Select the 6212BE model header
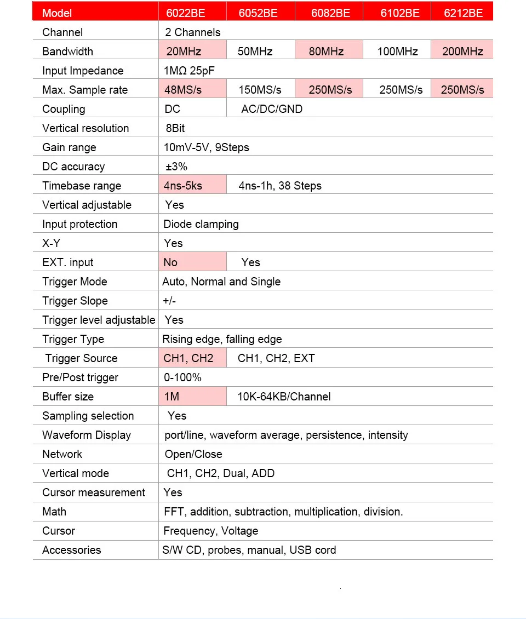click(x=464, y=13)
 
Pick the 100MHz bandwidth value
click(x=398, y=51)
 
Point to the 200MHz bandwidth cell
click(x=462, y=51)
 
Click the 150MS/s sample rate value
click(x=260, y=90)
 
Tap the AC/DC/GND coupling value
click(x=272, y=109)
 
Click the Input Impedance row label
click(x=83, y=71)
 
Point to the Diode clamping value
click(x=201, y=224)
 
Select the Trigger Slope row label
click(x=75, y=301)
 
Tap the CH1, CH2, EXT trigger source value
click(x=276, y=358)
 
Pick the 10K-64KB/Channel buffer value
click(x=284, y=397)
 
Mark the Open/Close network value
click(x=193, y=454)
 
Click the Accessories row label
click(x=72, y=550)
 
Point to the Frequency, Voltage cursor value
click(x=210, y=531)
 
